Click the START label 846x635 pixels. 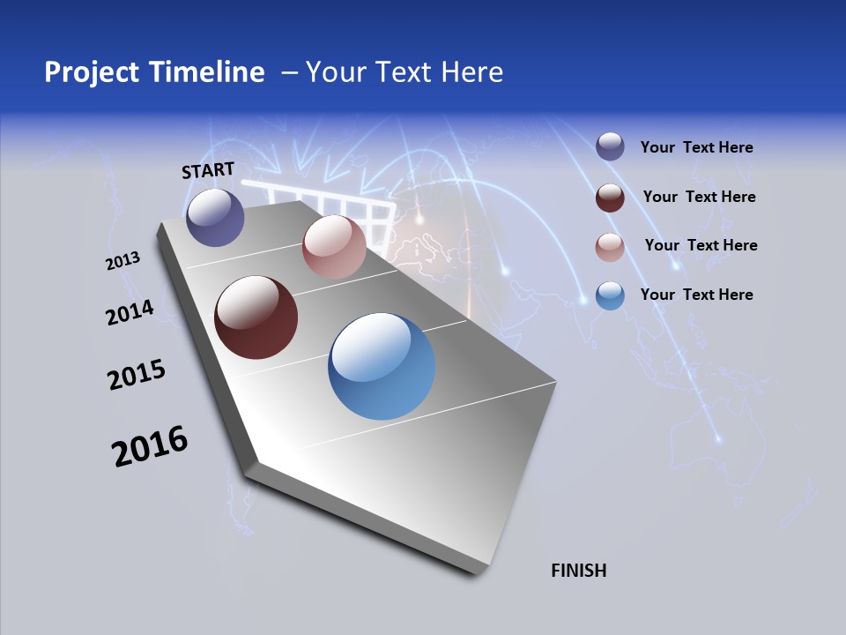208,170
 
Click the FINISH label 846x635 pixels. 578,571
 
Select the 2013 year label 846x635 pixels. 122,261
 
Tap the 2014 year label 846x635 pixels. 130,312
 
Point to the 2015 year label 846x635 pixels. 136,375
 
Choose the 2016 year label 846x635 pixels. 149,446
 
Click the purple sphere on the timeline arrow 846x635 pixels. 215,217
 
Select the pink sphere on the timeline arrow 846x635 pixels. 334,247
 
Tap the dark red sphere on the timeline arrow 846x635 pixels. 256,317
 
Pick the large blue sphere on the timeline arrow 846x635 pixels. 382,366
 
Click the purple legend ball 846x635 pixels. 610,147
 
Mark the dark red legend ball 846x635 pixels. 610,197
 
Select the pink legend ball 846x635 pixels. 610,246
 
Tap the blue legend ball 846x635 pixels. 610,295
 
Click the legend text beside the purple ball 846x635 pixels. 696,148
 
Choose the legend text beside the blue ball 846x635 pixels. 696,295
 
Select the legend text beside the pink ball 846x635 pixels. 701,245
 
